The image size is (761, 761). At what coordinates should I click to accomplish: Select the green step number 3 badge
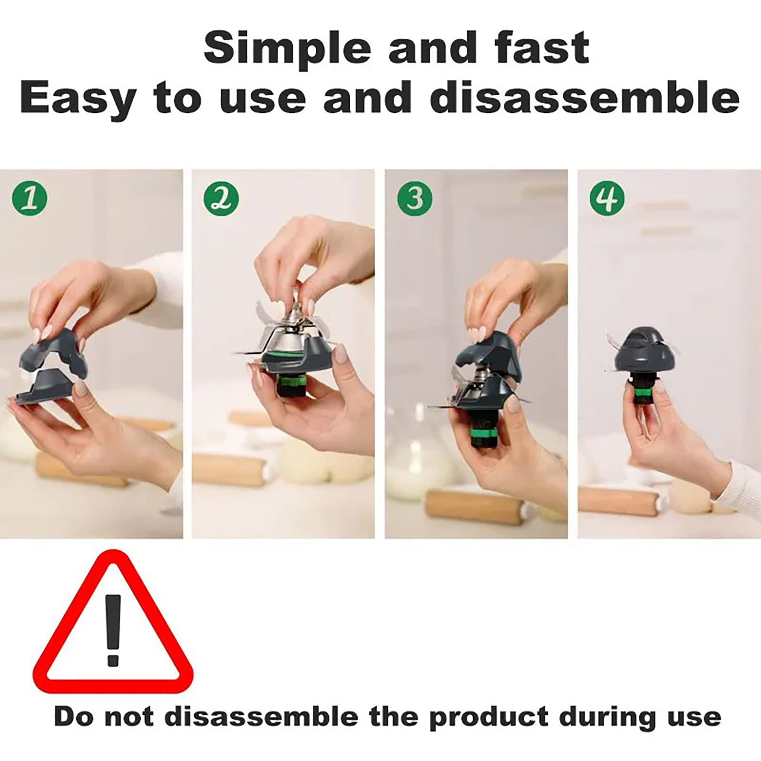point(415,197)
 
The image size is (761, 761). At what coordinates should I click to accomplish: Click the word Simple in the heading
point(287,48)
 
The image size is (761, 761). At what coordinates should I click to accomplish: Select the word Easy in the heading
point(78,98)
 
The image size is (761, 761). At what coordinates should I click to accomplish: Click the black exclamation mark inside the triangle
point(113,629)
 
